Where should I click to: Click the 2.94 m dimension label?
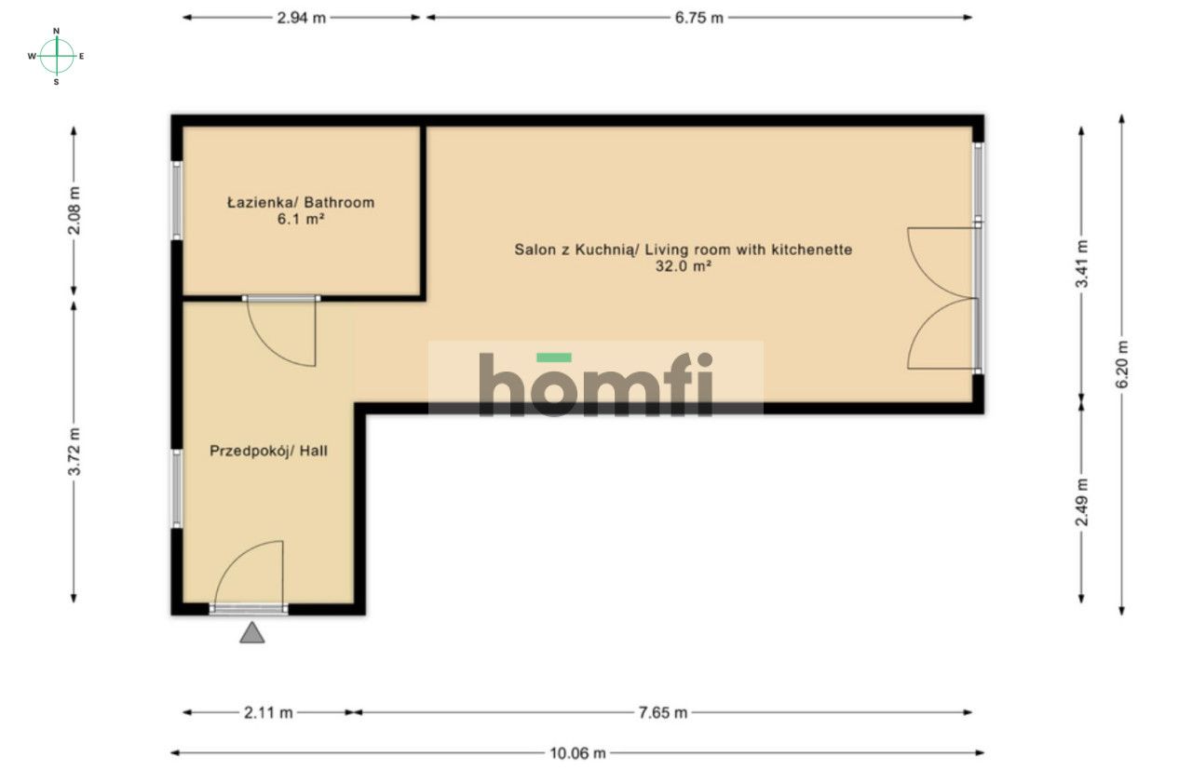301,18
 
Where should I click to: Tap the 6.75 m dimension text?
698,18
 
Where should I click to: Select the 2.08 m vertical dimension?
74,210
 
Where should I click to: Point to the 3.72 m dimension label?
74,452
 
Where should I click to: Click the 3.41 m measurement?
1081,263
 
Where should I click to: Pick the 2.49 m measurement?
1081,502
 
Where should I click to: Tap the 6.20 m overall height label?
1122,364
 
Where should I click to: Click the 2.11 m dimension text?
268,712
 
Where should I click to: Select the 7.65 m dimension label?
662,712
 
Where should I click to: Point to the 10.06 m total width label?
577,753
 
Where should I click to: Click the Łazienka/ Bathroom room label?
301,202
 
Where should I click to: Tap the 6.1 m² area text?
301,219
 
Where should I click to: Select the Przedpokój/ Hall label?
268,451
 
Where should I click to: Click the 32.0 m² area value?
684,266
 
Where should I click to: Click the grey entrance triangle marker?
251,633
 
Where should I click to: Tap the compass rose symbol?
56,56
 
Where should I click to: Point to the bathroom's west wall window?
177,200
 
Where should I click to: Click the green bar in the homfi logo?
554,358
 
